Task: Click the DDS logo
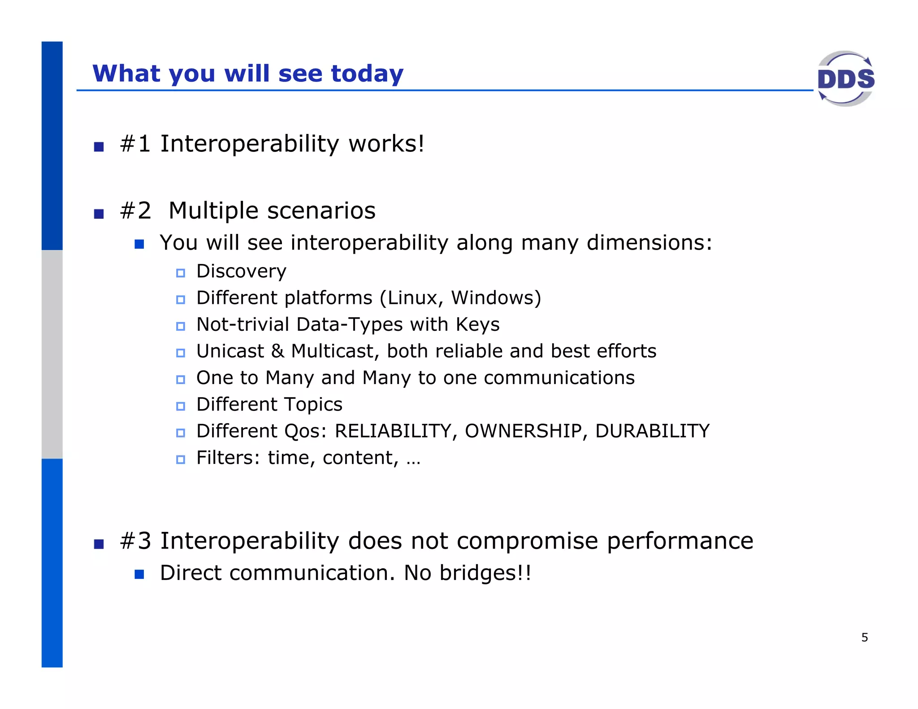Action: tap(845, 79)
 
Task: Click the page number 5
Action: tap(864, 637)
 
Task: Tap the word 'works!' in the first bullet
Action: tap(386, 144)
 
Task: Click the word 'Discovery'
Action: tap(241, 272)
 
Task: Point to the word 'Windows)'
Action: tap(496, 298)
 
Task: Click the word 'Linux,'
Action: tap(412, 298)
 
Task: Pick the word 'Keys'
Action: tap(477, 325)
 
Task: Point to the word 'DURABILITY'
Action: tap(652, 431)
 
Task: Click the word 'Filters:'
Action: tap(228, 458)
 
